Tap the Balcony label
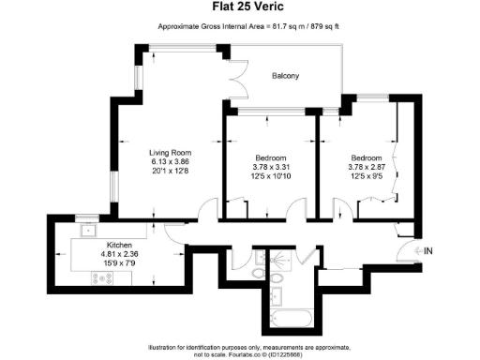[x=285, y=76]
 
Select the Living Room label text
[x=170, y=153]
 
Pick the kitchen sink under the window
[x=92, y=229]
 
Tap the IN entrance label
[x=429, y=251]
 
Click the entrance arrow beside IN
[x=412, y=251]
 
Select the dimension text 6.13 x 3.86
[x=170, y=162]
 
